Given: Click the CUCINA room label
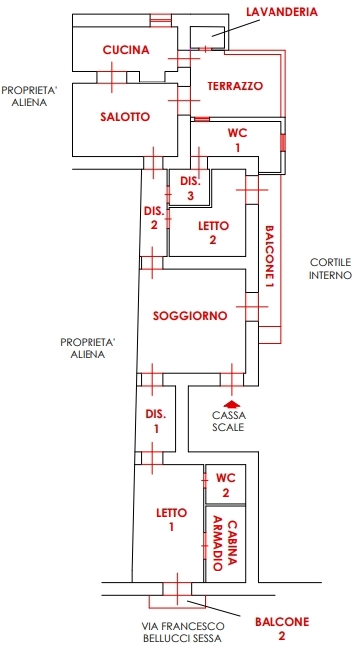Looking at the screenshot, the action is click(126, 50).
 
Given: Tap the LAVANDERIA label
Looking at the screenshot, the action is click(281, 12).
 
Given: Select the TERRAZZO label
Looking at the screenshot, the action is click(235, 86).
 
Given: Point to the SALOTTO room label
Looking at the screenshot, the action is click(125, 117).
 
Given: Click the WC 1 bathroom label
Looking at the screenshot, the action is click(237, 140).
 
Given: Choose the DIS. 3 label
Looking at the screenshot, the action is click(190, 188).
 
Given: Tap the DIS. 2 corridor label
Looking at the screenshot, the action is click(154, 218).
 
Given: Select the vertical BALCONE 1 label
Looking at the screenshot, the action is click(270, 258).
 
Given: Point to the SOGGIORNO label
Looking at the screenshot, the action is click(190, 316).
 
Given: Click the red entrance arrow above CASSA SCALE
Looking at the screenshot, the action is click(232, 404).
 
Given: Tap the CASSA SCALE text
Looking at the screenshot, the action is click(229, 421).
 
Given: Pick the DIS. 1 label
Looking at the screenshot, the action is click(156, 421).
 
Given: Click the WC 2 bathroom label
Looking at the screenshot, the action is click(226, 485).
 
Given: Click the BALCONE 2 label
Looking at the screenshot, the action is click(282, 629).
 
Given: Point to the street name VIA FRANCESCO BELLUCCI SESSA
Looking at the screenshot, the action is click(183, 632).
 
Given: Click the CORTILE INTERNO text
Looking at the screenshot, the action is click(331, 269).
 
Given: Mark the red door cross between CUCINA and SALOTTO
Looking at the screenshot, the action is click(112, 78).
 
